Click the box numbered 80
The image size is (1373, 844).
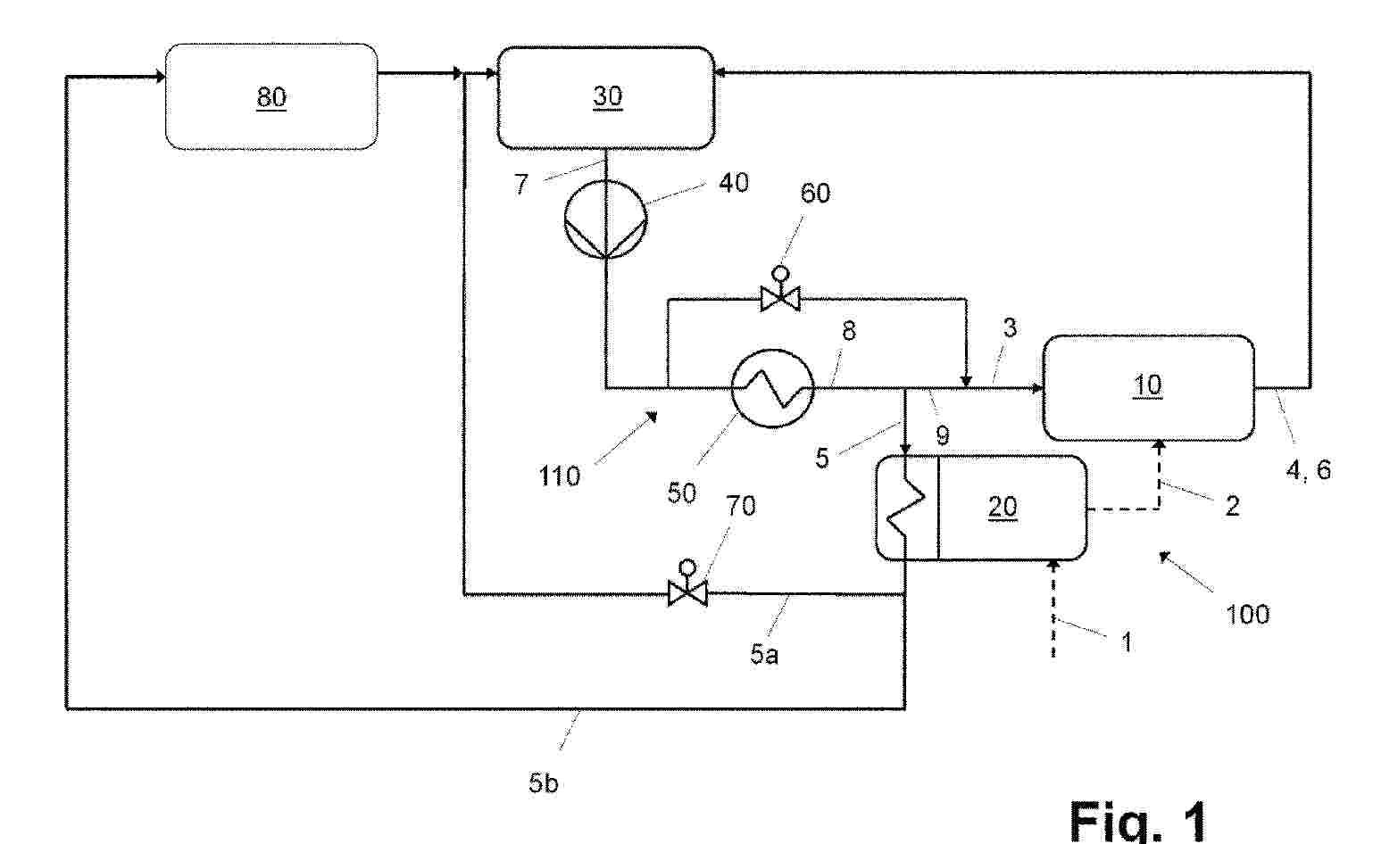[x=271, y=96]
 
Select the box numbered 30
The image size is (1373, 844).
[x=606, y=96]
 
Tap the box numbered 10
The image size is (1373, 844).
[x=1148, y=387]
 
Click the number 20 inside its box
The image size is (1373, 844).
[x=1003, y=507]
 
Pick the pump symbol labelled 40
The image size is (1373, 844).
[x=605, y=220]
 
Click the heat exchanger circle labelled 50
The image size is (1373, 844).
[x=772, y=388]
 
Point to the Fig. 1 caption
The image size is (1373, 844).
[x=1137, y=819]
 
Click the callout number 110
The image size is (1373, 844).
[x=560, y=476]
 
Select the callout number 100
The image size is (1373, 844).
[x=1247, y=614]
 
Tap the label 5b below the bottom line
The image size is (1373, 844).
[x=543, y=784]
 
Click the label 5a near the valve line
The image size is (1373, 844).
[x=764, y=656]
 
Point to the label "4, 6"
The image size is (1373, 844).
[x=1308, y=469]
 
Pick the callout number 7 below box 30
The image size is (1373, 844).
[x=521, y=186]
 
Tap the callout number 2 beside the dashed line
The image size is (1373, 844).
[x=1232, y=506]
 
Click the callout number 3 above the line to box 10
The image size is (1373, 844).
[x=1010, y=327]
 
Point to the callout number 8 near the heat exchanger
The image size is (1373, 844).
[x=848, y=331]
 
